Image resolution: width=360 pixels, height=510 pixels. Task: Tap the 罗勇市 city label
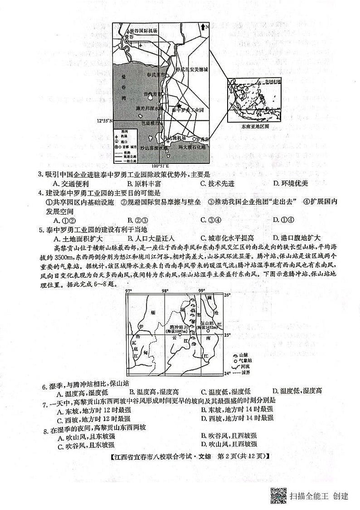[202, 139]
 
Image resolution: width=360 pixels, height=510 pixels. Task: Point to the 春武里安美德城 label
[192, 70]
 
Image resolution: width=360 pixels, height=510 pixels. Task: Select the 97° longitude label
[128, 291]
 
